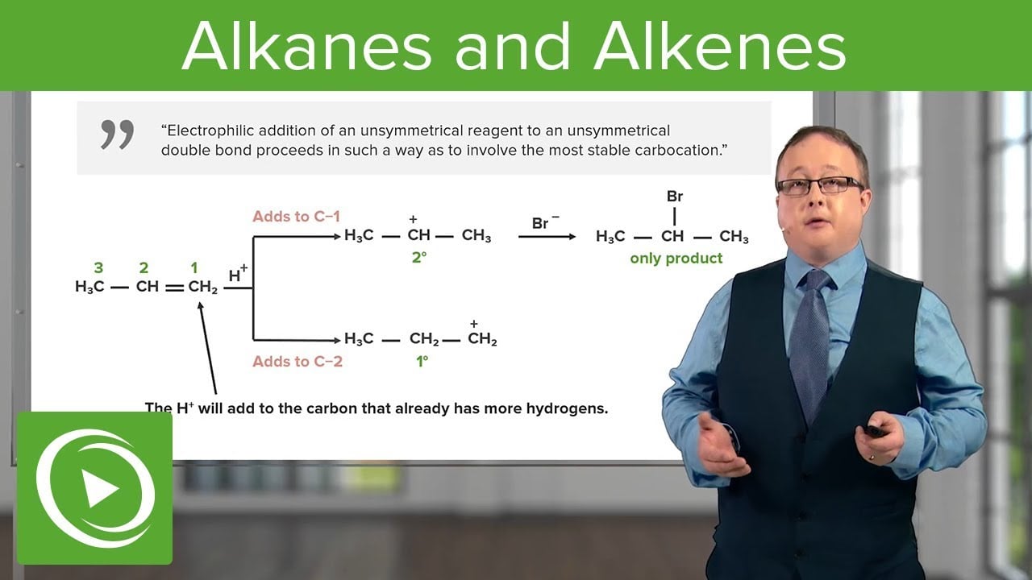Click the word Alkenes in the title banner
pyautogui.click(x=720, y=47)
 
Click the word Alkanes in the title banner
pyautogui.click(x=307, y=47)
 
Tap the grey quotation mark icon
pyautogui.click(x=117, y=135)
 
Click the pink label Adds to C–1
pyautogui.click(x=296, y=217)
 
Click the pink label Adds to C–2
pyautogui.click(x=298, y=362)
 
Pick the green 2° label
pyautogui.click(x=418, y=257)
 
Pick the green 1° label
pyautogui.click(x=422, y=362)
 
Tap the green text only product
pyautogui.click(x=676, y=259)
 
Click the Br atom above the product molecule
pyautogui.click(x=675, y=197)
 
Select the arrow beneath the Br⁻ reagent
pyautogui.click(x=547, y=237)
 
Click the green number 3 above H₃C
pyautogui.click(x=98, y=267)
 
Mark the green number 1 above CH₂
pyautogui.click(x=194, y=267)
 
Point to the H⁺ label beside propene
pyautogui.click(x=238, y=274)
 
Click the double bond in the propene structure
pyautogui.click(x=175, y=288)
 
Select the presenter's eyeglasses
pyautogui.click(x=819, y=186)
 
